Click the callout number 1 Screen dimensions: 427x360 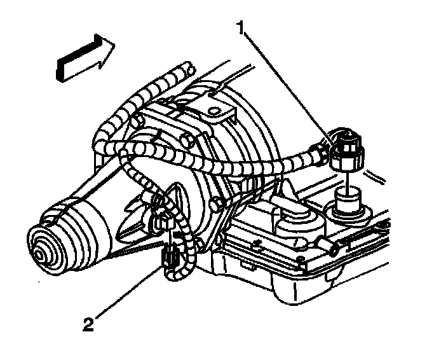(240, 26)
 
